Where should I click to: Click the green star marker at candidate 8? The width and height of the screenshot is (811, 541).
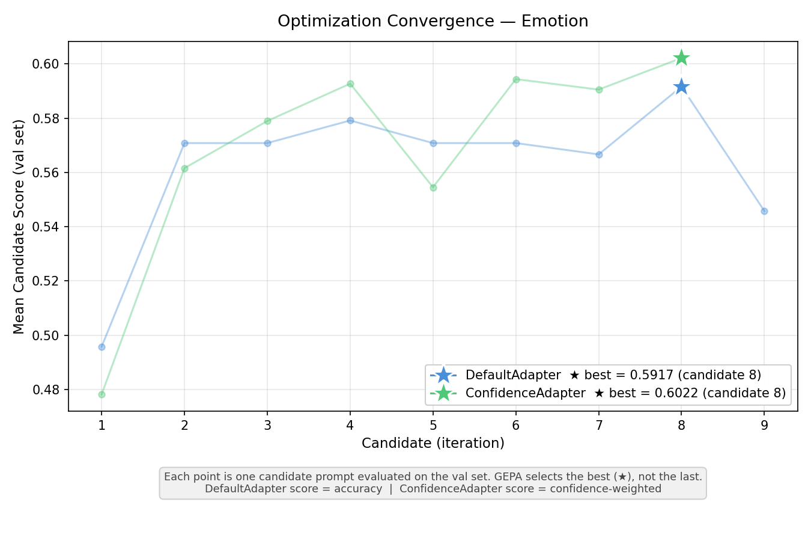pyautogui.click(x=681, y=58)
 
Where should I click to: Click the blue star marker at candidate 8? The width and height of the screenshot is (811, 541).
pyautogui.click(x=681, y=87)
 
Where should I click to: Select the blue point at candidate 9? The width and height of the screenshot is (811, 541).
pyautogui.click(x=764, y=211)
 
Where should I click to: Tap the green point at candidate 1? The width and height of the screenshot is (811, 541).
pyautogui.click(x=102, y=394)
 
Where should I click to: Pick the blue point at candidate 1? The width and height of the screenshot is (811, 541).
pyautogui.click(x=102, y=347)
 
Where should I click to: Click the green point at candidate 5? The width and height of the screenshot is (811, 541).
pyautogui.click(x=433, y=188)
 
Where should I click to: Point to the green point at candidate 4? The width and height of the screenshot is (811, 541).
pyautogui.click(x=350, y=84)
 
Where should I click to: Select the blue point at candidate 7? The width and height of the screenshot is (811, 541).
pyautogui.click(x=599, y=154)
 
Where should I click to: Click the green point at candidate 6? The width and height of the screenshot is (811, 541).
pyautogui.click(x=516, y=79)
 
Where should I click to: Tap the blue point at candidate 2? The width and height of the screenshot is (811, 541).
pyautogui.click(x=184, y=143)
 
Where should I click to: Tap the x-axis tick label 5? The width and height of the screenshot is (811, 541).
pyautogui.click(x=433, y=426)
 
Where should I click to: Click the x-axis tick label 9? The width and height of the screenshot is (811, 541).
pyautogui.click(x=764, y=426)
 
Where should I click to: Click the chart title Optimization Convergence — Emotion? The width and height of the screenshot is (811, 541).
pyautogui.click(x=433, y=22)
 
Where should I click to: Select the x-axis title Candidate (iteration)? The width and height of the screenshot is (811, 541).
pyautogui.click(x=433, y=444)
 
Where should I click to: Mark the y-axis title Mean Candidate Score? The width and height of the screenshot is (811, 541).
pyautogui.click(x=19, y=227)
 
